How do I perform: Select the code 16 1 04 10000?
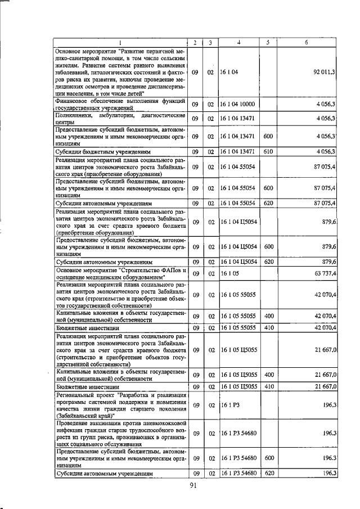click(x=237, y=104)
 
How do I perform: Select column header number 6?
click(x=306, y=43)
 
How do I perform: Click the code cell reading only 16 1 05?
click(x=228, y=273)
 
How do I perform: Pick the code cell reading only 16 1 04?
click(x=228, y=73)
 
